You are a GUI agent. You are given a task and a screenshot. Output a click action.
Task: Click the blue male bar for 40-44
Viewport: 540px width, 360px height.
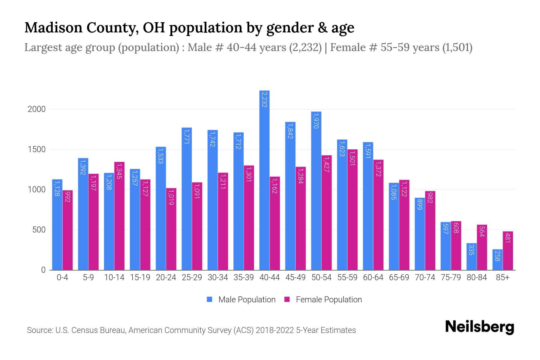pos(264,180)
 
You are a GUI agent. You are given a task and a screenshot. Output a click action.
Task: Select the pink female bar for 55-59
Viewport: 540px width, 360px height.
pos(352,210)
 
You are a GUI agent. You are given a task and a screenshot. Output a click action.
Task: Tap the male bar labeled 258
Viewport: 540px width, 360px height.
pos(497,260)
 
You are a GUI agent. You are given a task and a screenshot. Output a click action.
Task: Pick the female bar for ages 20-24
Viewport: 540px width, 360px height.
pos(171,229)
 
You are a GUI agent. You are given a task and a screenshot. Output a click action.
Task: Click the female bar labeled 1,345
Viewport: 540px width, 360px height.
pos(119,216)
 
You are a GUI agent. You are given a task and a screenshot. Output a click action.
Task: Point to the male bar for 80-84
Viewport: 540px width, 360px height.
pos(472,257)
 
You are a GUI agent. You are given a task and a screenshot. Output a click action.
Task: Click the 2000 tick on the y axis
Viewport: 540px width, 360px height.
pos(37,109)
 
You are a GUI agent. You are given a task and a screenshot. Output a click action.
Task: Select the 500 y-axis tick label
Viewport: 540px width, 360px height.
pos(39,230)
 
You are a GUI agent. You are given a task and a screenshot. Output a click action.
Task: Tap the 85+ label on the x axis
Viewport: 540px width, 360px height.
pos(502,277)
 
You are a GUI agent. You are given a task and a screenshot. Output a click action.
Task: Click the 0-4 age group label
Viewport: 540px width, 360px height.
pos(62,277)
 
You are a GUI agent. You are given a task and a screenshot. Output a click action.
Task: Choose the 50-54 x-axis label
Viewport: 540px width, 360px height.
pos(321,277)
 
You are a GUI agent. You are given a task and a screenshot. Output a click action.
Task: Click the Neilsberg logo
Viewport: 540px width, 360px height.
pos(479,327)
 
